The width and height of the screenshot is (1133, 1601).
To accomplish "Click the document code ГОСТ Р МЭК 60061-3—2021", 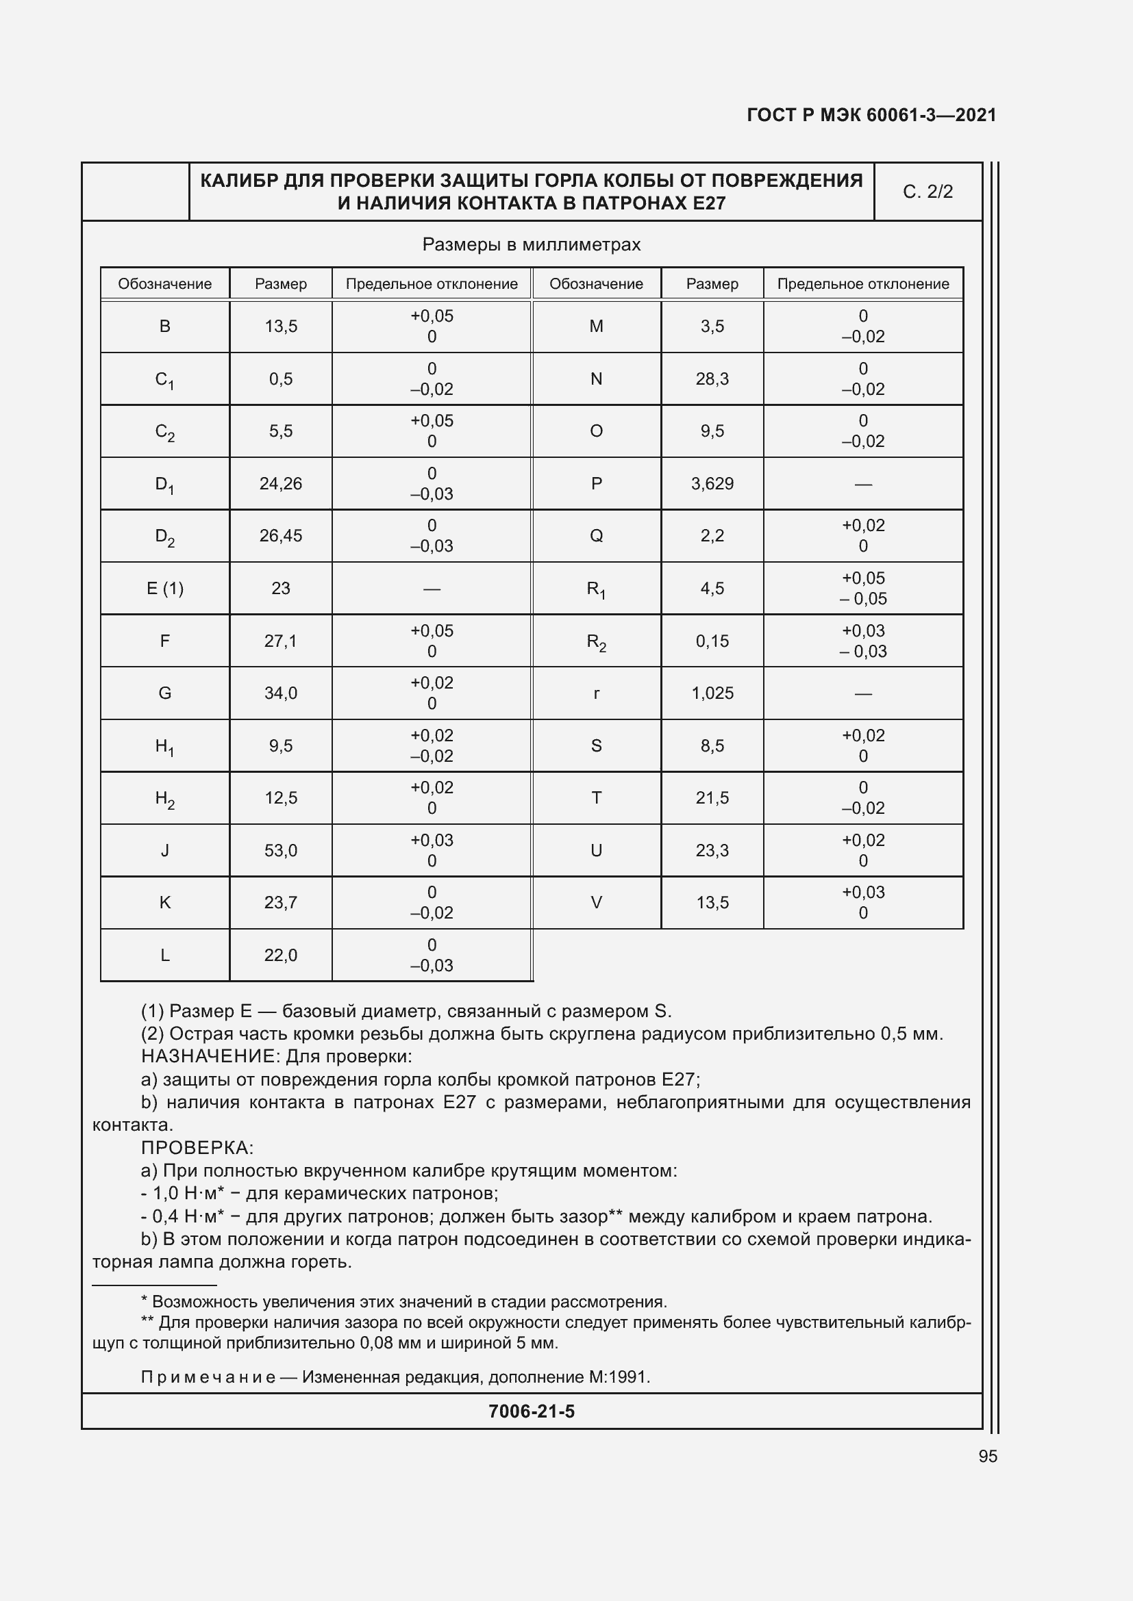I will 871,115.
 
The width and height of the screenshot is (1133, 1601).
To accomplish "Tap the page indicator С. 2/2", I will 927,192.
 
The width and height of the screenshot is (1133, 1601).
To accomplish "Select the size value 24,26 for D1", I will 280,484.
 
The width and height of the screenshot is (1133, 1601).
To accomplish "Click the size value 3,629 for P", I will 712,484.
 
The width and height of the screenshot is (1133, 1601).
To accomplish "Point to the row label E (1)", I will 164,589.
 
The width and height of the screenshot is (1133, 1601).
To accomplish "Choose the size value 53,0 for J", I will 280,851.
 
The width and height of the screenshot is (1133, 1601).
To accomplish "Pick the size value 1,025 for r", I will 712,693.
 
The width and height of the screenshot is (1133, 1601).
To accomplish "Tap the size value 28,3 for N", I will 712,379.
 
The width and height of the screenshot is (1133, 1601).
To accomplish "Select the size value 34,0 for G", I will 280,693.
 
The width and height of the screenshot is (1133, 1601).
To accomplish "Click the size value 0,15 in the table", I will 712,641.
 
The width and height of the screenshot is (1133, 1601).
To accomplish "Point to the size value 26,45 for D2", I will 280,535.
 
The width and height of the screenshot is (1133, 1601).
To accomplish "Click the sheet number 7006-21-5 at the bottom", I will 532,1411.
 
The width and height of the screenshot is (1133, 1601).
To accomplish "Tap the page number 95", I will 987,1456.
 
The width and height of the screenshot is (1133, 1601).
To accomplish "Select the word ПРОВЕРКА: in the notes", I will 197,1148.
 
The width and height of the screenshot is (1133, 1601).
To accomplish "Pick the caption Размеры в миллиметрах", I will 531,245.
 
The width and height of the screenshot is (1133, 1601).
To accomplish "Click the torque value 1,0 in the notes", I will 166,1194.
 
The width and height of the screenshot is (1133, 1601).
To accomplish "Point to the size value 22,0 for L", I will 280,956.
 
